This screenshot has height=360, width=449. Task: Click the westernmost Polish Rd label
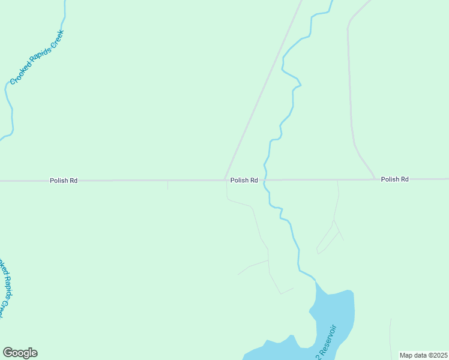[x=64, y=180]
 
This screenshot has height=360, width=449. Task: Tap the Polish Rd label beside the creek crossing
[x=244, y=180]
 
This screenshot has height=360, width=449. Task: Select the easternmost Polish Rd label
[x=394, y=179]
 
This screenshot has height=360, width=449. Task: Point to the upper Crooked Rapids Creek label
[x=37, y=57]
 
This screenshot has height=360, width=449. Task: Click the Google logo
[x=20, y=353]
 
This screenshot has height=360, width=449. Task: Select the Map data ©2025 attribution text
[x=423, y=355]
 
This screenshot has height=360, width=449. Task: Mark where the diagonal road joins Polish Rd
[x=225, y=179]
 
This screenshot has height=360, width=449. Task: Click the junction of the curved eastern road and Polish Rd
[x=376, y=179]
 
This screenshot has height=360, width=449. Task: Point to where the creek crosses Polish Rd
[x=265, y=179]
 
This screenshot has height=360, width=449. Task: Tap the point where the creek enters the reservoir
[x=314, y=279]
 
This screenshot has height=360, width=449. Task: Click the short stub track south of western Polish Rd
[x=167, y=185]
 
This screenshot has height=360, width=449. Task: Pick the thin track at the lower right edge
[x=391, y=336]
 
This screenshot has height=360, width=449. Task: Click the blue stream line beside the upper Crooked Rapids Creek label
[x=8, y=96]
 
